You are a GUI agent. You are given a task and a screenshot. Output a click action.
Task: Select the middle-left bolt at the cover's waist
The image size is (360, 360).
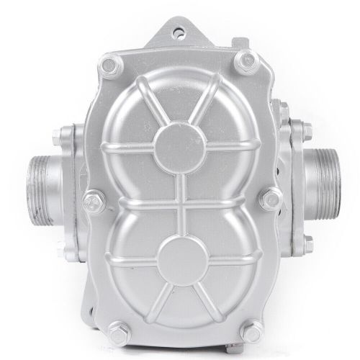coord(91,201)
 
